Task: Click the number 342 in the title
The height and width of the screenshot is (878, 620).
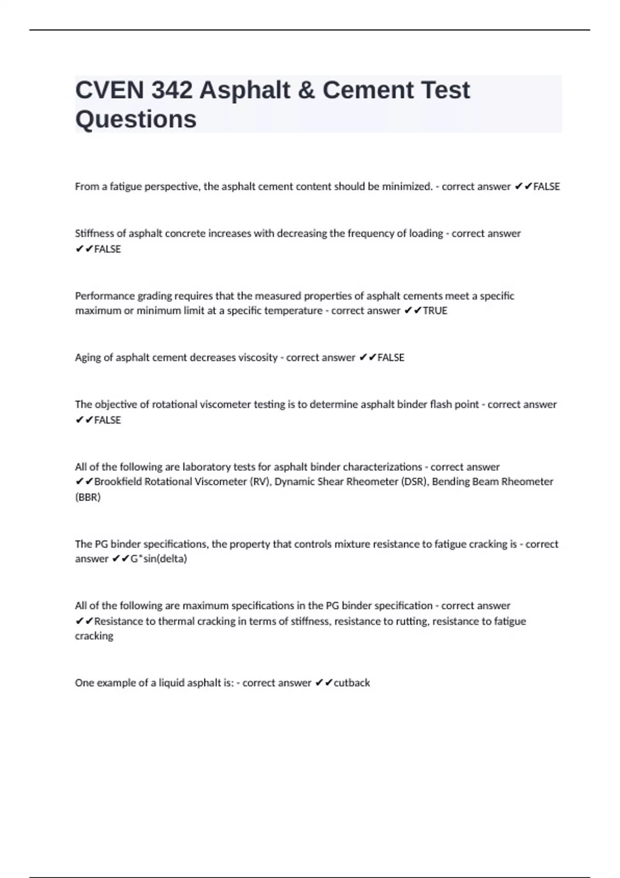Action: pyautogui.click(x=172, y=90)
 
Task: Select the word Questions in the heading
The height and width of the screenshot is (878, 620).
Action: pyautogui.click(x=136, y=119)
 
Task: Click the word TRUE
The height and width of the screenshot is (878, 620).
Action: pyautogui.click(x=435, y=311)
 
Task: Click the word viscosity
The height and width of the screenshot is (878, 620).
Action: pyautogui.click(x=257, y=357)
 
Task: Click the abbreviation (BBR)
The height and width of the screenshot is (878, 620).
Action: pyautogui.click(x=88, y=497)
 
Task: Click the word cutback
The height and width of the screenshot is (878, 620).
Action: pyautogui.click(x=352, y=683)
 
